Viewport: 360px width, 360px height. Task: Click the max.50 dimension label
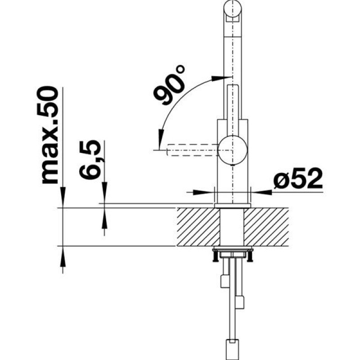[x=50, y=135]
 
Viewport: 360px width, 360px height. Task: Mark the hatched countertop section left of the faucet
[x=198, y=227]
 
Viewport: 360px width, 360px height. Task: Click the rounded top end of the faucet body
[x=233, y=7]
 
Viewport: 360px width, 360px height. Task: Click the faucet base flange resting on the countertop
[x=232, y=206]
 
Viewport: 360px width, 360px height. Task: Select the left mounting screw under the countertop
[x=215, y=257]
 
